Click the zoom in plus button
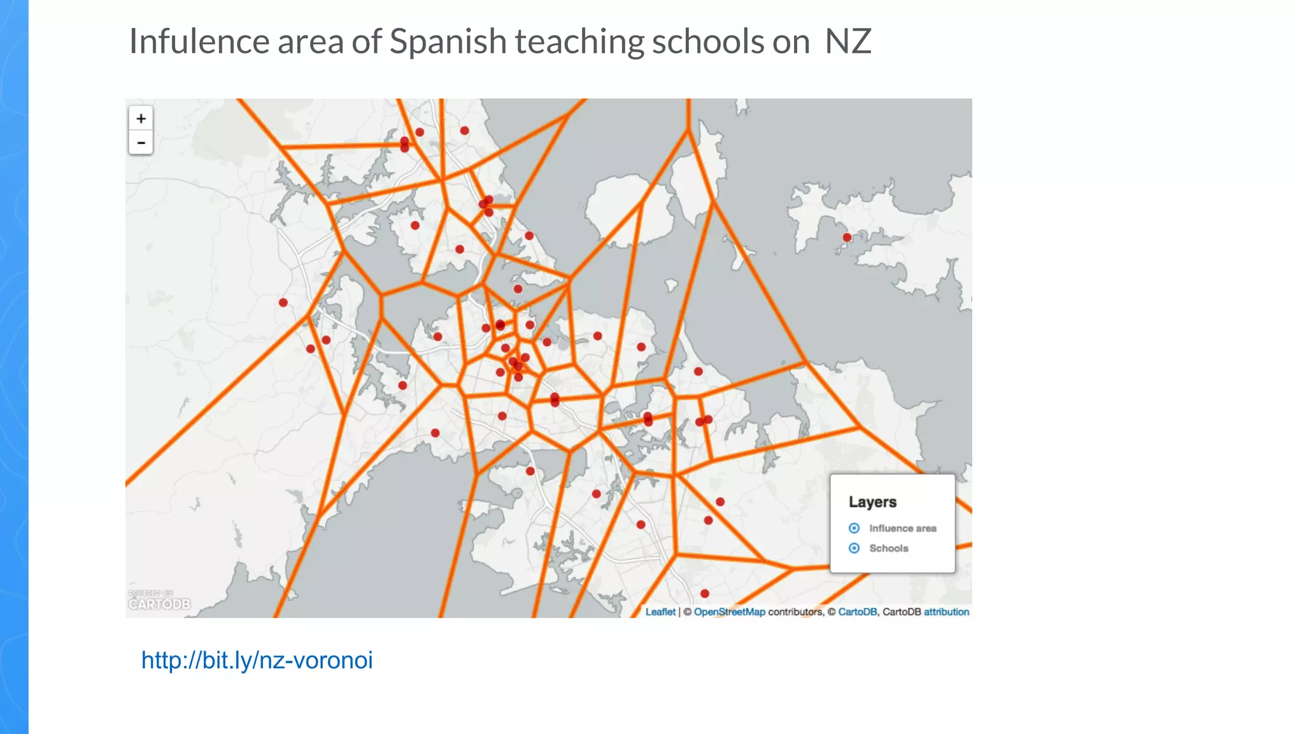141,119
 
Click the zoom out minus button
141,143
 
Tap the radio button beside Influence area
854,528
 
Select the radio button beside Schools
854,548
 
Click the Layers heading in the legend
872,502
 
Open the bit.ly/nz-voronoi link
257,660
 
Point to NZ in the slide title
847,42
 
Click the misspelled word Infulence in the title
199,42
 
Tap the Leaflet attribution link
660,612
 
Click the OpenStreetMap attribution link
729,612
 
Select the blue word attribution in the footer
946,612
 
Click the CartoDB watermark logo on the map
159,603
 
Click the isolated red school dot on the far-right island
847,238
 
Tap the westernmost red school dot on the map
283,303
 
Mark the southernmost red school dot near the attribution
705,594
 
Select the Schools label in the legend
889,548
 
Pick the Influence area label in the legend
903,528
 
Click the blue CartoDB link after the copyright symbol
857,612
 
